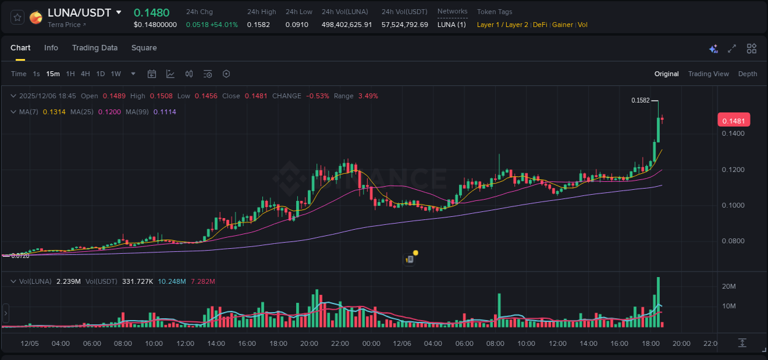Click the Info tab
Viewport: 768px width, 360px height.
point(51,48)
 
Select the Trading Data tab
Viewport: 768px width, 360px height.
point(95,48)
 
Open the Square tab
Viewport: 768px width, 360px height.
point(144,48)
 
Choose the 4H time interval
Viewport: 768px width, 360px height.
point(85,74)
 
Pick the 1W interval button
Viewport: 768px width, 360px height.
point(116,74)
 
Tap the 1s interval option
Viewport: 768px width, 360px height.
point(36,74)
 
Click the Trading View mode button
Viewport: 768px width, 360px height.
point(708,74)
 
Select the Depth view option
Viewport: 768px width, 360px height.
point(748,74)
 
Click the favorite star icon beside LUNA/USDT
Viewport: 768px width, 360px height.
point(17,17)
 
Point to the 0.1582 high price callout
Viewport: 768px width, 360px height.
point(640,100)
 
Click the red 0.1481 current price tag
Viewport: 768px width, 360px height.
point(734,121)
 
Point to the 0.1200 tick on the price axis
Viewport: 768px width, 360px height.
point(734,170)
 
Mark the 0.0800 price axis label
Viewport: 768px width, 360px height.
point(734,241)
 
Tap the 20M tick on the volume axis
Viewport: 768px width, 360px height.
point(729,286)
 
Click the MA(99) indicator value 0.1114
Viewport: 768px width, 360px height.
point(165,112)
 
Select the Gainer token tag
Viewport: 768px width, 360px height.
point(562,25)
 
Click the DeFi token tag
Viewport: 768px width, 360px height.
point(540,25)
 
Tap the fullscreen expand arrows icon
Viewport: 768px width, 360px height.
point(732,49)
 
